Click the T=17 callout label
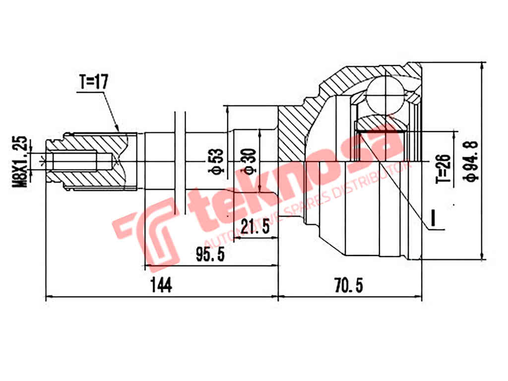click(93, 82)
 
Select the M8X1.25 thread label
click(21, 161)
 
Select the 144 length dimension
click(161, 285)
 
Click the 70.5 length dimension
click(349, 285)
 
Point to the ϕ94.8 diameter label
click(472, 161)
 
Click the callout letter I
click(433, 219)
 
